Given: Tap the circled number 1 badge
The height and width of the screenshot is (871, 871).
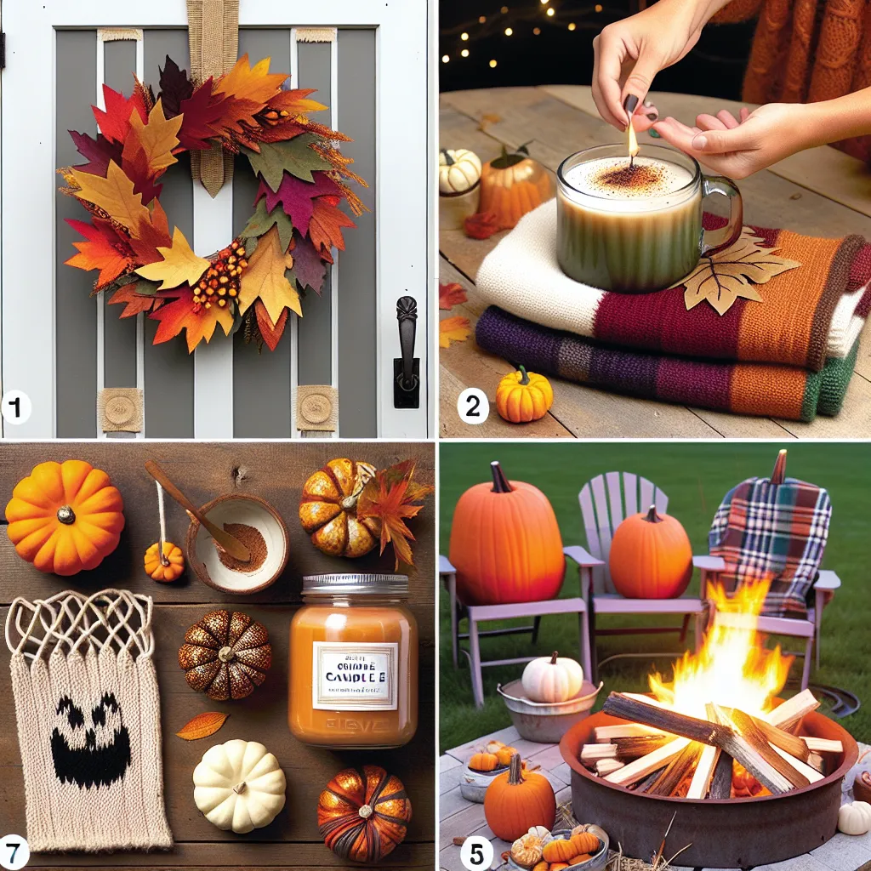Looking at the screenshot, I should (x=16, y=407).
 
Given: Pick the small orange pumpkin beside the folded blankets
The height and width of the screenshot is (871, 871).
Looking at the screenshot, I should (x=523, y=395).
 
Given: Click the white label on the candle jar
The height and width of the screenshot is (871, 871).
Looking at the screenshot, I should (x=355, y=675).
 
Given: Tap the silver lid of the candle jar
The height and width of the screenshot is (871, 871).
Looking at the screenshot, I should (x=354, y=584).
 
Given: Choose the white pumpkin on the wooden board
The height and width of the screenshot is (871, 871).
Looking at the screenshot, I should (x=239, y=784).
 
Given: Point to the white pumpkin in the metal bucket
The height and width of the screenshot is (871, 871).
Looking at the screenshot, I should (x=552, y=679).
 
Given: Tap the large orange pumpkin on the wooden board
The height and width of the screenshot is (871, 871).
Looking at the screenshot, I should (x=65, y=516).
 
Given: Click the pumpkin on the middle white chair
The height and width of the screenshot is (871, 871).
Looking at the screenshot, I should (x=650, y=553).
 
